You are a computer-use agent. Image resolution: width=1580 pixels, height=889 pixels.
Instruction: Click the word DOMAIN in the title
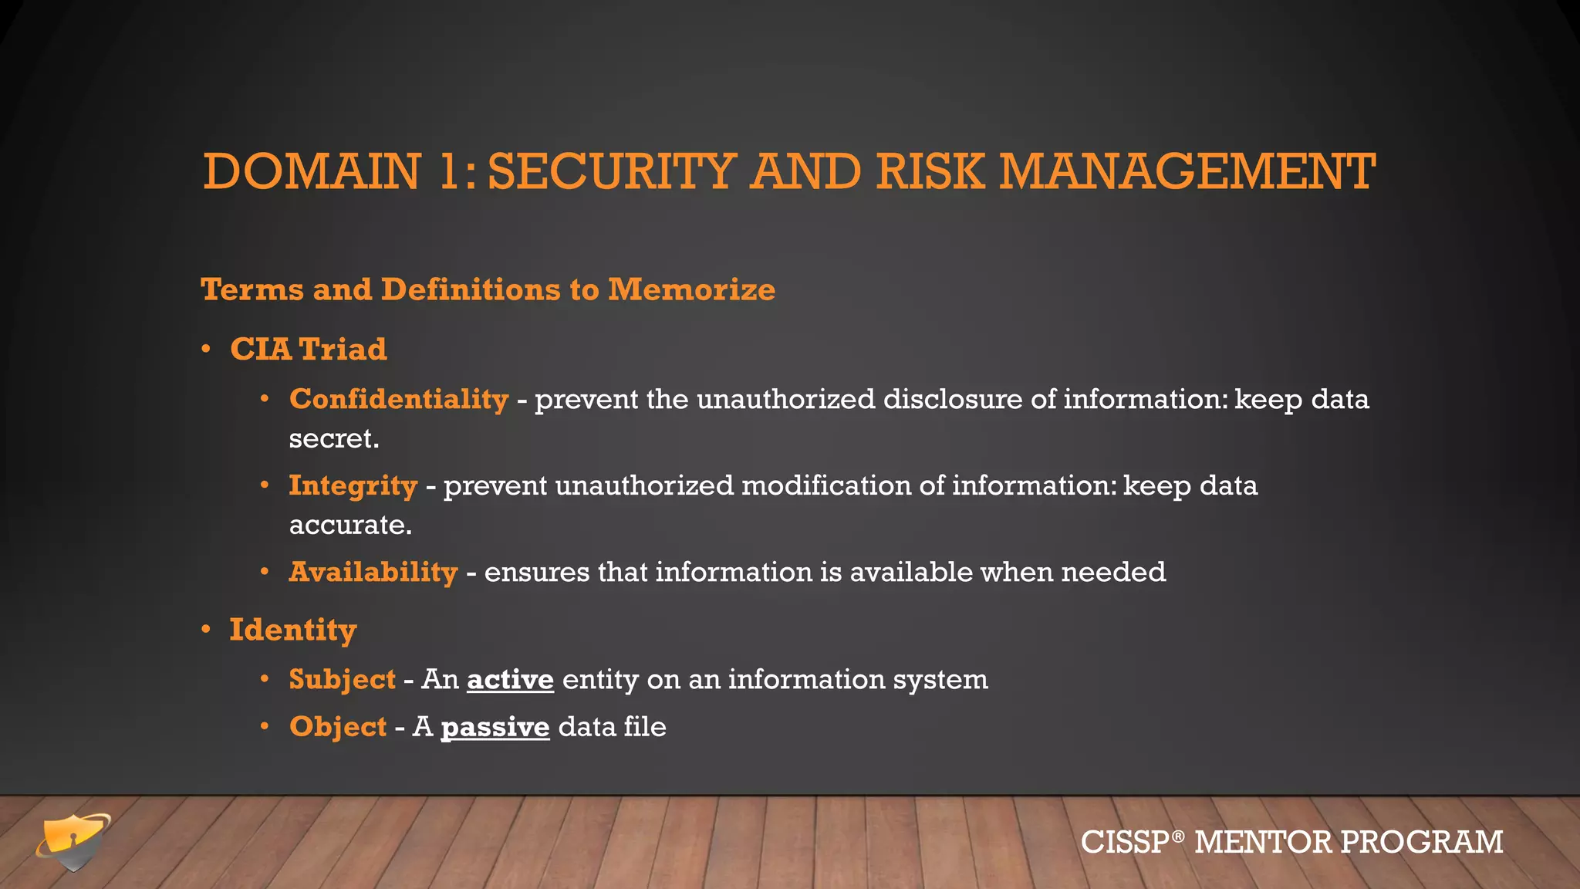[312, 171]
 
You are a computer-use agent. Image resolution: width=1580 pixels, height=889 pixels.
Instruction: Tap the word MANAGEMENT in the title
[1187, 171]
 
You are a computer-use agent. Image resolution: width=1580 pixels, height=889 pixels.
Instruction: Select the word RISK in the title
[930, 171]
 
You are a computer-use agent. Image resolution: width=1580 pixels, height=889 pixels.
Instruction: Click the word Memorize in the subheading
[691, 289]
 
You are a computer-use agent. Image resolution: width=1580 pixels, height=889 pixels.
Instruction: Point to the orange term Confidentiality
[399, 399]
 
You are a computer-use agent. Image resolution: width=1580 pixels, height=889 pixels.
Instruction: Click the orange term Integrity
[353, 485]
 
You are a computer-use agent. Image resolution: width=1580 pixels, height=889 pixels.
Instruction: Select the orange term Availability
[373, 572]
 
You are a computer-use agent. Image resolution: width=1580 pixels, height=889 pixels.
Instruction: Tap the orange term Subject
[343, 680]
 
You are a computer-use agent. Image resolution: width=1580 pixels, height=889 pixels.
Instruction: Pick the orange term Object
[338, 727]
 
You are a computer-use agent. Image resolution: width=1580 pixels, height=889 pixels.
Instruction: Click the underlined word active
[510, 680]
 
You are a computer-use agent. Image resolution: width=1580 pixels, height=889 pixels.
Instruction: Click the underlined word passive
[495, 727]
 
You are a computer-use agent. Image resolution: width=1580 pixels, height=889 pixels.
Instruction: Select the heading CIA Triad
[309, 349]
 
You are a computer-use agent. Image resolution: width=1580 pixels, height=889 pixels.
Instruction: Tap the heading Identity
[293, 630]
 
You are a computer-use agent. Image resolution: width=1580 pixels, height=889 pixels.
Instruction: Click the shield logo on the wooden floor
[73, 840]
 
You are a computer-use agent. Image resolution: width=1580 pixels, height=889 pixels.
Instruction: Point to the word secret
[333, 439]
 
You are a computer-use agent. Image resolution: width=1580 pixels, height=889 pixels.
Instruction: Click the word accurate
[349, 526]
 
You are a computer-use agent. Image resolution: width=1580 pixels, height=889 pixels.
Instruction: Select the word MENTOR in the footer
[1263, 842]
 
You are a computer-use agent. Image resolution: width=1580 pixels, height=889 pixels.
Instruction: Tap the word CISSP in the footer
[1125, 842]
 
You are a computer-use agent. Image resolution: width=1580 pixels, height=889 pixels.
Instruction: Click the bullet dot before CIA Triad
[206, 350]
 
